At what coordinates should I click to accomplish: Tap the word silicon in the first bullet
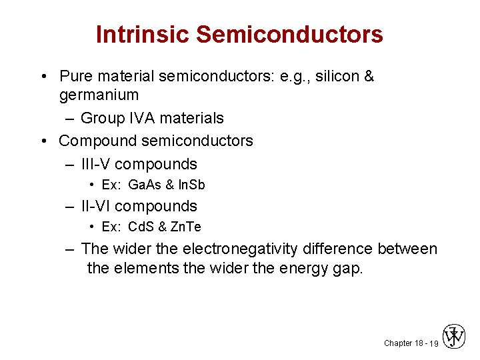point(335,77)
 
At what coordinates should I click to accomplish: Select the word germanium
point(99,95)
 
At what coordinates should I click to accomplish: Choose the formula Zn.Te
point(185,227)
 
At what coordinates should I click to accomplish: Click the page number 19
point(433,343)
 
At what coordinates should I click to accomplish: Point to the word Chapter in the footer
point(398,343)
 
